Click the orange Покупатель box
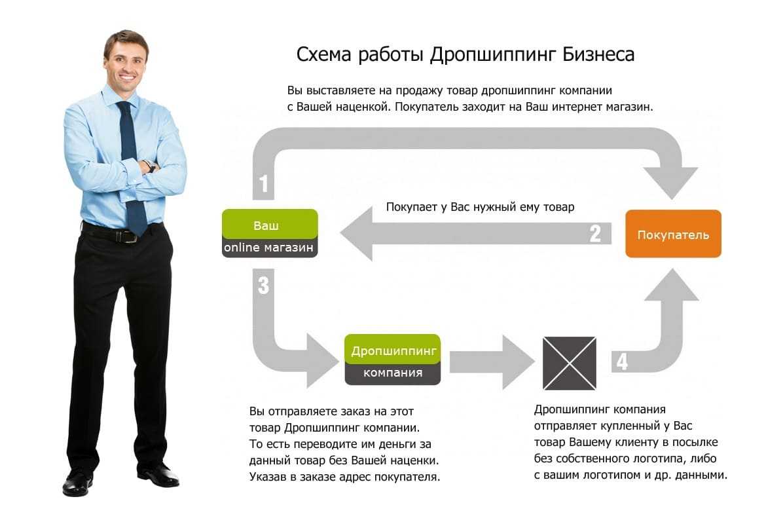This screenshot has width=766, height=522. tap(673, 234)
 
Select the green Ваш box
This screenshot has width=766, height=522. tap(270, 225)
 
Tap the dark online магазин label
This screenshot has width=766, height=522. tap(270, 248)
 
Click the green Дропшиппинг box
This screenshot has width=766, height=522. tap(393, 350)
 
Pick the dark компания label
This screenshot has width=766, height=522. tap(393, 373)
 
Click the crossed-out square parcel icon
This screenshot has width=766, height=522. tap(569, 363)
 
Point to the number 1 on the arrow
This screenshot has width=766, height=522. tap(264, 185)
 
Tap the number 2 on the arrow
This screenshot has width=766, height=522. tap(594, 234)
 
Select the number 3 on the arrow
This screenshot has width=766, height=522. tap(263, 286)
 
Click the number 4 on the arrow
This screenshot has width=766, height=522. tap(621, 362)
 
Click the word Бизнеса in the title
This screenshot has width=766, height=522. tap(598, 54)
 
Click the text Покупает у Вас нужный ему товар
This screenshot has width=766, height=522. tap(480, 207)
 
